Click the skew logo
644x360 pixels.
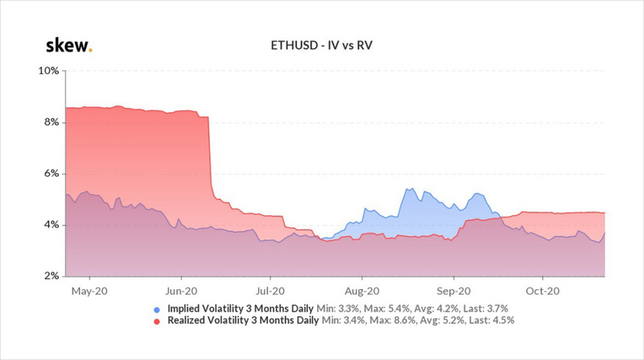[68, 44]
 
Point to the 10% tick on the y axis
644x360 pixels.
[49, 71]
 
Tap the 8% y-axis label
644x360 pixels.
[51, 122]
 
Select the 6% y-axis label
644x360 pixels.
[51, 174]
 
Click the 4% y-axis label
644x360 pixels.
[51, 226]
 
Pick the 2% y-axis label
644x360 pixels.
[51, 276]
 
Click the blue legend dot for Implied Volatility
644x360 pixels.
[155, 309]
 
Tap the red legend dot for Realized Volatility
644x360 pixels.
[155, 321]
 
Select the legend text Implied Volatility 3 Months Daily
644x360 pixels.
[240, 308]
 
